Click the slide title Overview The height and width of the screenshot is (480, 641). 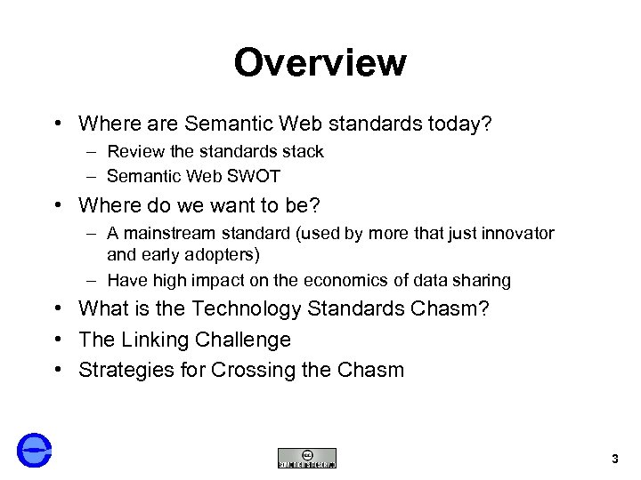tap(320, 63)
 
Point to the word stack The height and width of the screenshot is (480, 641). tap(302, 152)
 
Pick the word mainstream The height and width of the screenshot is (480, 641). tap(166, 234)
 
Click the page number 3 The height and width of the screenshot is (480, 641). tap(615, 459)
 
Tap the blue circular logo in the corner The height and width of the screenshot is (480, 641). tap(35, 450)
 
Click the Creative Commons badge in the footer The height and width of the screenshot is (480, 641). tap(307, 458)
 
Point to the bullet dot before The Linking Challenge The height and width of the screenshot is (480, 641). tap(57, 340)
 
